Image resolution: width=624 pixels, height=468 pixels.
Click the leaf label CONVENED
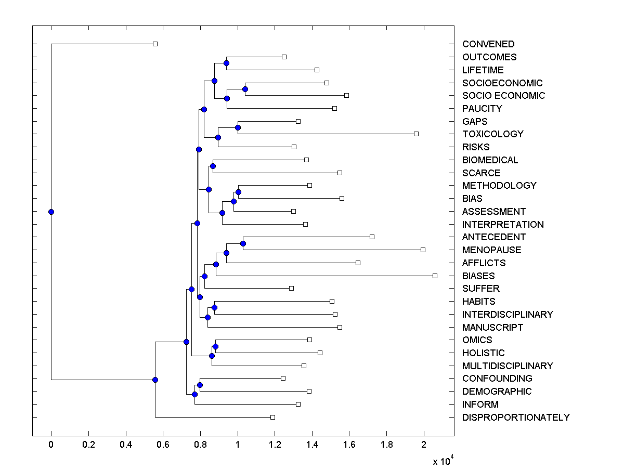pyautogui.click(x=488, y=44)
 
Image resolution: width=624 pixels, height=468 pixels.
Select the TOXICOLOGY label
pyautogui.click(x=492, y=134)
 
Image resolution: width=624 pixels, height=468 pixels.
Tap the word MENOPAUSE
pyautogui.click(x=491, y=250)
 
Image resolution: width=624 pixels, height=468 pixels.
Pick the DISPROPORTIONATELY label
pyautogui.click(x=516, y=418)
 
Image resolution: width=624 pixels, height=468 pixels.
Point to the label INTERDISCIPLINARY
pyautogui.click(x=508, y=315)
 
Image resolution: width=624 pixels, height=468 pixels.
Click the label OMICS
pyautogui.click(x=477, y=340)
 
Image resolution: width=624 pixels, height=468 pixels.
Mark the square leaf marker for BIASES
pyautogui.click(x=435, y=276)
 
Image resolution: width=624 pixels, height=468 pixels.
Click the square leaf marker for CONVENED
pyautogui.click(x=155, y=44)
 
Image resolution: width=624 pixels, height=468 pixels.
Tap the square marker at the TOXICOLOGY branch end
pyautogui.click(x=416, y=134)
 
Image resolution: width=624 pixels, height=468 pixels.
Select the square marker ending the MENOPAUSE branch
pyautogui.click(x=423, y=250)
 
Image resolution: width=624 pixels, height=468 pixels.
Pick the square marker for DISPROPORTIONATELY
pyautogui.click(x=272, y=417)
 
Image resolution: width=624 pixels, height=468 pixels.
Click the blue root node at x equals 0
pyautogui.click(x=51, y=212)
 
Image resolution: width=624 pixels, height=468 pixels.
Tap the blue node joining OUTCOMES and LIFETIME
pyautogui.click(x=226, y=63)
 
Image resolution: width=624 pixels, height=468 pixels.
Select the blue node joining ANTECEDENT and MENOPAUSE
pyautogui.click(x=243, y=243)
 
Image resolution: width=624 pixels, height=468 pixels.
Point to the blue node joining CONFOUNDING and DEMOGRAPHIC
pyautogui.click(x=200, y=385)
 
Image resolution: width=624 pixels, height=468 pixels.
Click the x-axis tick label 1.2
pyautogui.click(x=275, y=445)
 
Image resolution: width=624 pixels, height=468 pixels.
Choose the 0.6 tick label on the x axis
pyautogui.click(x=163, y=445)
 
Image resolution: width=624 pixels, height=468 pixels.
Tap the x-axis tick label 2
pyautogui.click(x=424, y=445)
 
